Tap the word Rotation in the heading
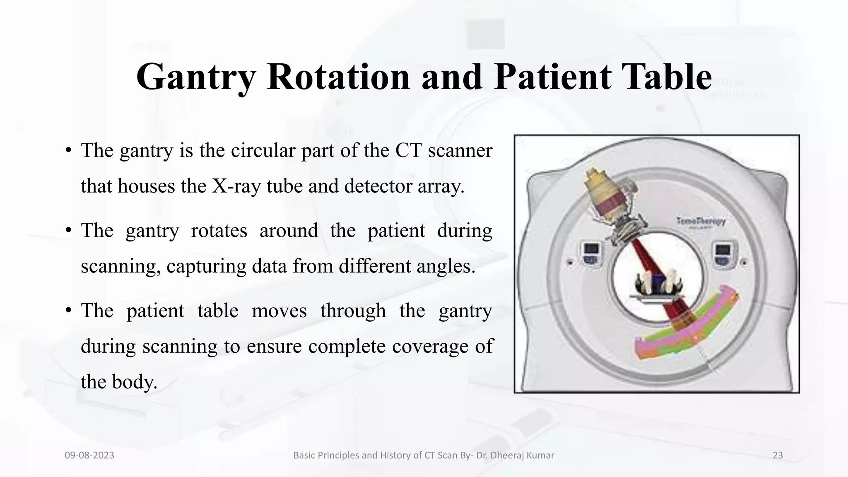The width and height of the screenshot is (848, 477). click(338, 77)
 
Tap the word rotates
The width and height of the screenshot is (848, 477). click(219, 230)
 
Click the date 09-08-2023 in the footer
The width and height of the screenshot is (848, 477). click(89, 455)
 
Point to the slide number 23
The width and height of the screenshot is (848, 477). click(778, 455)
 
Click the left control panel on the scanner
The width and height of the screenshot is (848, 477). click(592, 253)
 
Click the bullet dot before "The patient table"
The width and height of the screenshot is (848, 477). click(69, 311)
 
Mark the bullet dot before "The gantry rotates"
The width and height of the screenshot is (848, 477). click(69, 231)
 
